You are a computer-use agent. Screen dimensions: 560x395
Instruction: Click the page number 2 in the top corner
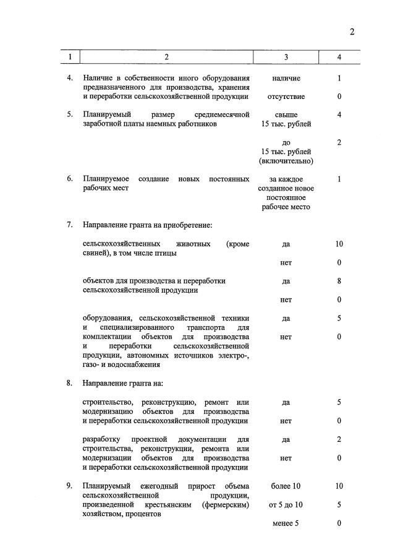[x=352, y=32]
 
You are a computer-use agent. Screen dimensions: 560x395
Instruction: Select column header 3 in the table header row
[x=286, y=58]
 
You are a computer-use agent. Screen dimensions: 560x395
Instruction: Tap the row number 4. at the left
[x=70, y=79]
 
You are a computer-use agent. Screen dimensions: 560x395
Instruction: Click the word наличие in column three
[x=286, y=79]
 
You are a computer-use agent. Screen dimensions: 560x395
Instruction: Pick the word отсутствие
[x=286, y=97]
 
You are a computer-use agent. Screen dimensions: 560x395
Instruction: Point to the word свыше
[x=286, y=115]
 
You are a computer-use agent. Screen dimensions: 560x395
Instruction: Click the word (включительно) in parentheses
[x=286, y=161]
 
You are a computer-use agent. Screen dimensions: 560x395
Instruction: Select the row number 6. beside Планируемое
[x=70, y=179]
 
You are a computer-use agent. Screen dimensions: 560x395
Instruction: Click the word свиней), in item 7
[x=98, y=253]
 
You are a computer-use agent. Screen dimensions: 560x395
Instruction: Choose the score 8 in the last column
[x=339, y=280]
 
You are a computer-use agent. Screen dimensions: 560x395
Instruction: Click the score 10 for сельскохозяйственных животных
[x=339, y=244]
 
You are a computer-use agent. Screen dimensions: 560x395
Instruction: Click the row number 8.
[x=70, y=384]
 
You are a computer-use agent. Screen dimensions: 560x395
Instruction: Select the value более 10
[x=286, y=486]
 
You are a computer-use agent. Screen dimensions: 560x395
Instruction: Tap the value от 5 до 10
[x=286, y=505]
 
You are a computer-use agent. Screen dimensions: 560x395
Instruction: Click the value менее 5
[x=286, y=523]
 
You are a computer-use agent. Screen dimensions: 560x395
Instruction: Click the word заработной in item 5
[x=103, y=124]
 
